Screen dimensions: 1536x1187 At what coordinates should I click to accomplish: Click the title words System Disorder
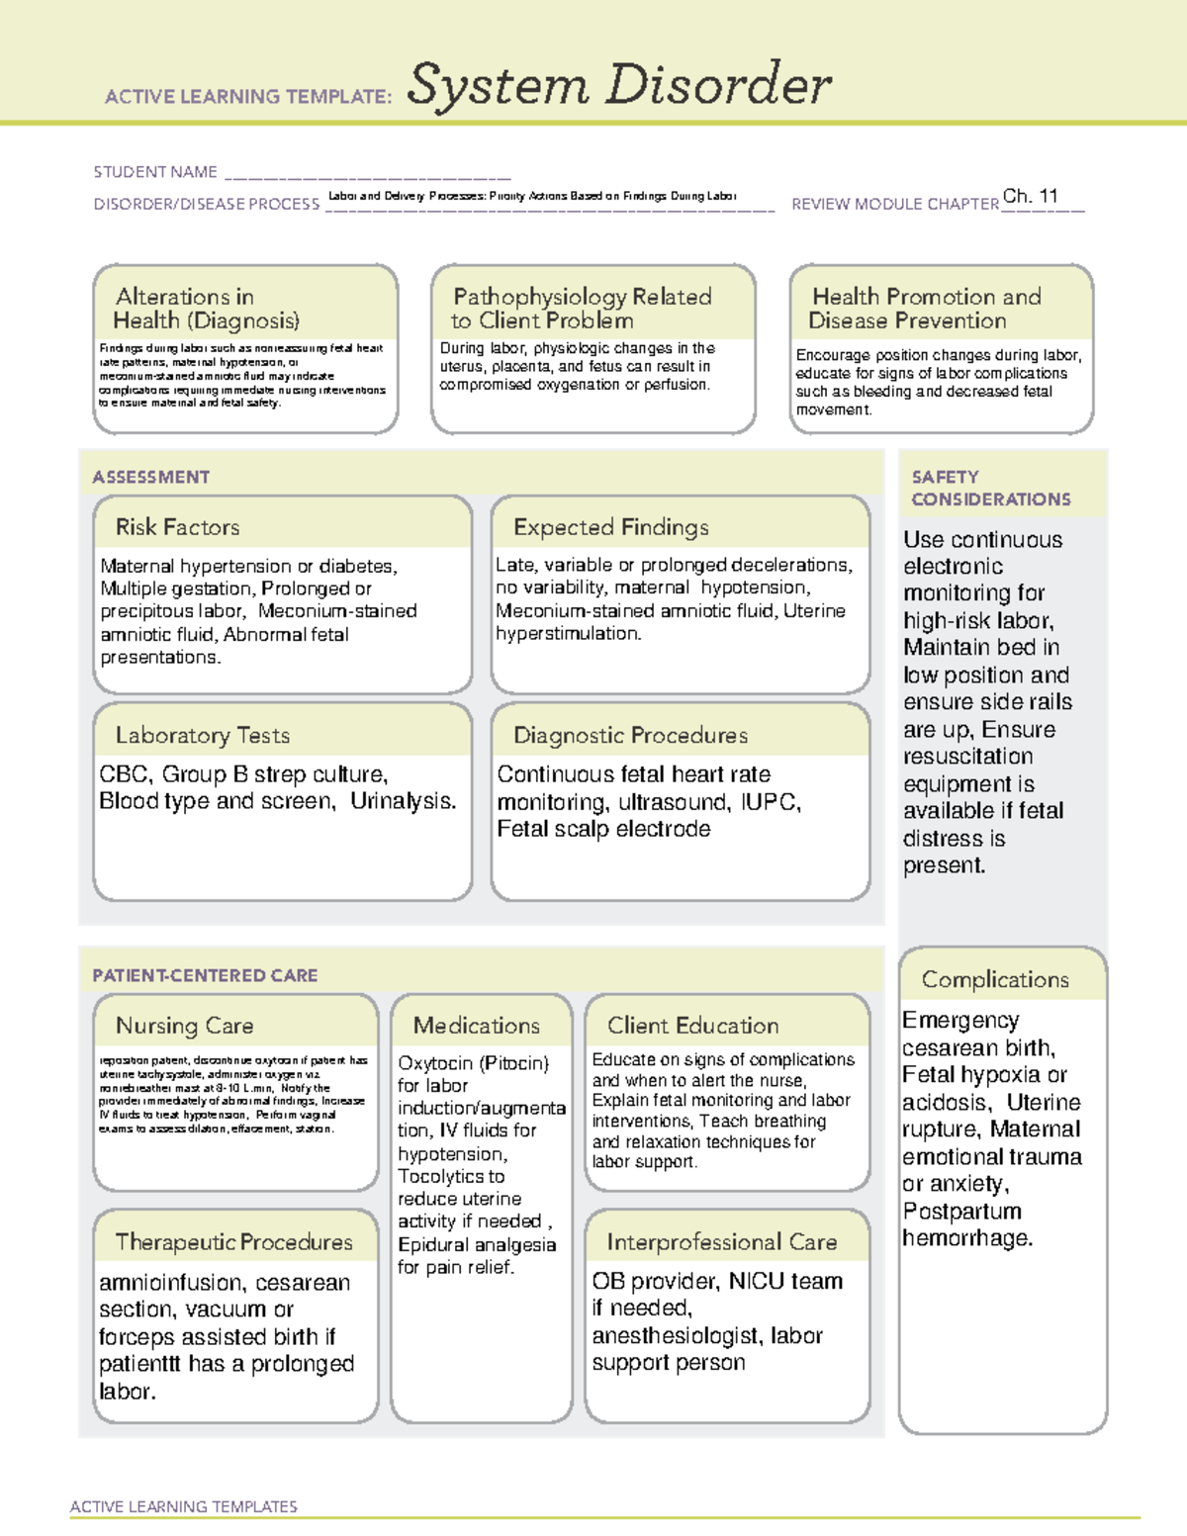coord(619,85)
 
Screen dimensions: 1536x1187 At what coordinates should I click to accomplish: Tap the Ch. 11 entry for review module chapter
coord(1030,196)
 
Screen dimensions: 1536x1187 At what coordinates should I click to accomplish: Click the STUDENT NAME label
coord(155,172)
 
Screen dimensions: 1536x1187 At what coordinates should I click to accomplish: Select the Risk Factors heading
coord(177,527)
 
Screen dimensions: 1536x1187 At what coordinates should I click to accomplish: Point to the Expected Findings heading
coord(610,527)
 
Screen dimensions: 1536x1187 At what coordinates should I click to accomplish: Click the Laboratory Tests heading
coord(202,735)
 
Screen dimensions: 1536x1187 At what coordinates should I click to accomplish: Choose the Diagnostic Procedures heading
coord(630,735)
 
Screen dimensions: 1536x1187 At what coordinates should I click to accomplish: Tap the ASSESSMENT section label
coord(150,477)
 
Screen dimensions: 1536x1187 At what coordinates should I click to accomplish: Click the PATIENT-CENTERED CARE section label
coord(205,975)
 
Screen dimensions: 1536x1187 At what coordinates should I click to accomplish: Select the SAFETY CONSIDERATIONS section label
coord(990,489)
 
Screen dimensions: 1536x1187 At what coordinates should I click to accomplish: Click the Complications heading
coord(994,979)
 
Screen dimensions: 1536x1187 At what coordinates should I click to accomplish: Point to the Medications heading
coord(476,1026)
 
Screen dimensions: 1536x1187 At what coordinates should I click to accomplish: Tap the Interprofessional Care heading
coord(721,1241)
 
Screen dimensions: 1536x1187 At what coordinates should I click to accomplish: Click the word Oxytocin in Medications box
coord(435,1063)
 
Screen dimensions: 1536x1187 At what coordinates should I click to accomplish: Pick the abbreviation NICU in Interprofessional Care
coord(757,1282)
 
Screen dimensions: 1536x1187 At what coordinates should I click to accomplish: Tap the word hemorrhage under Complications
coord(966,1238)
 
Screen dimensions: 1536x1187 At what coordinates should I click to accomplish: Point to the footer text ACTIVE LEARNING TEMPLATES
coord(183,1506)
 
